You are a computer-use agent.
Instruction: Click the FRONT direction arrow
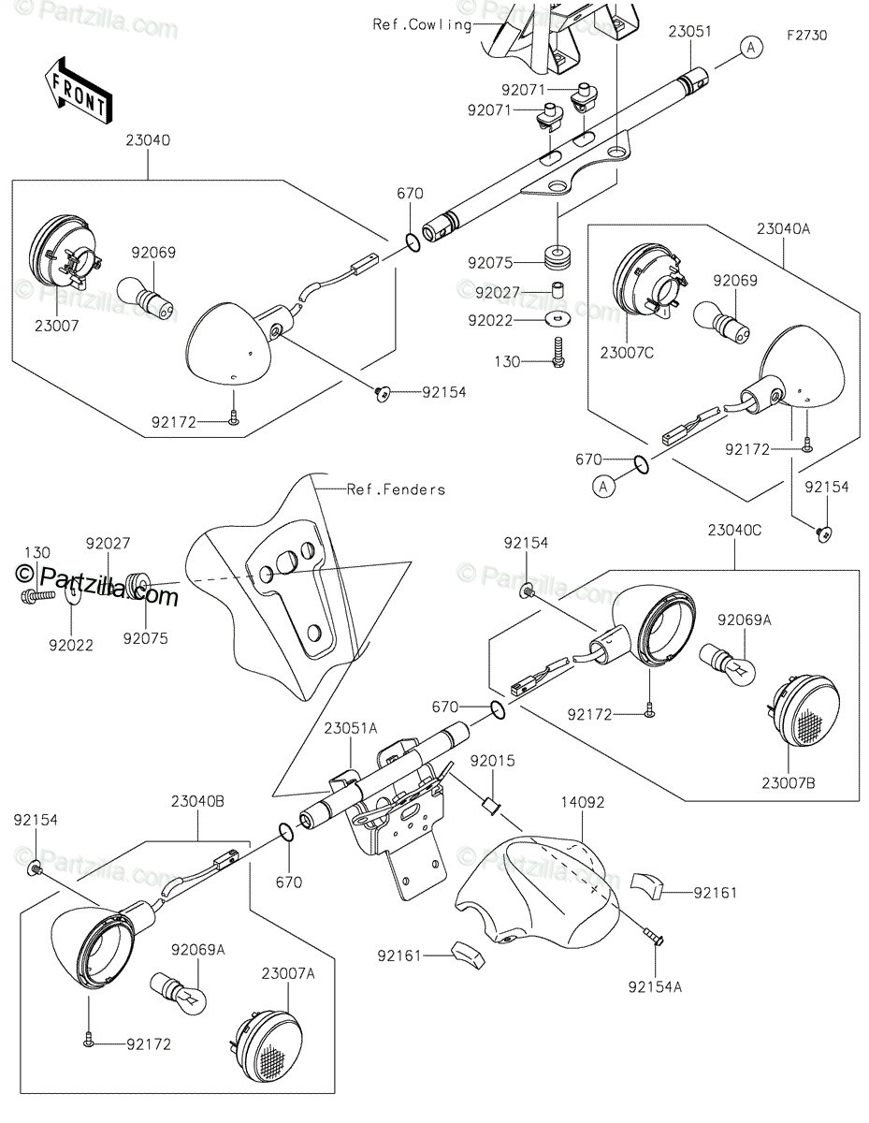tap(78, 90)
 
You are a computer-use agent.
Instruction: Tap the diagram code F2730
tap(806, 36)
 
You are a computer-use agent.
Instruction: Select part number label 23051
tap(689, 32)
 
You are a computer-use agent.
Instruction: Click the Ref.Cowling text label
tap(422, 24)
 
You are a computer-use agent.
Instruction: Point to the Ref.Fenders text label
tap(396, 489)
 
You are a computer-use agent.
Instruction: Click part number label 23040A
tap(783, 228)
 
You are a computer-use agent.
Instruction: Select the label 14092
tap(583, 802)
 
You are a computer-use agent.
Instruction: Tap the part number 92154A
tap(655, 986)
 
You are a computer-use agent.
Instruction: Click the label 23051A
tap(351, 728)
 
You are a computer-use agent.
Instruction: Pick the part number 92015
tap(492, 761)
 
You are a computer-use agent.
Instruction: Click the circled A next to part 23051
tap(751, 48)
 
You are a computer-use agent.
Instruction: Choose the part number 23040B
tap(197, 802)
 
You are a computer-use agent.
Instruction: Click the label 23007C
tap(627, 353)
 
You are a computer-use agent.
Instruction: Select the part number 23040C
tap(733, 531)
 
